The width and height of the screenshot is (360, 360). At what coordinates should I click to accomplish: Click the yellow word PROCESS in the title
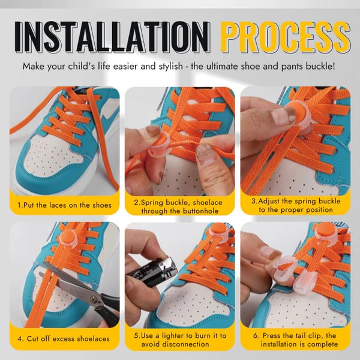[x=286, y=37]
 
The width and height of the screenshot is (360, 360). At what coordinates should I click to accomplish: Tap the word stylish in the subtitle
[x=171, y=67]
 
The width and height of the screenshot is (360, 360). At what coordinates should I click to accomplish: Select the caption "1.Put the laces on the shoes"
[x=64, y=205]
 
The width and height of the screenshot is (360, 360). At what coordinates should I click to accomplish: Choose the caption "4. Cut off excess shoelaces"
[x=64, y=338]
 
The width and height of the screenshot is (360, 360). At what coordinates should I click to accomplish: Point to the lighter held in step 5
[x=152, y=272]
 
